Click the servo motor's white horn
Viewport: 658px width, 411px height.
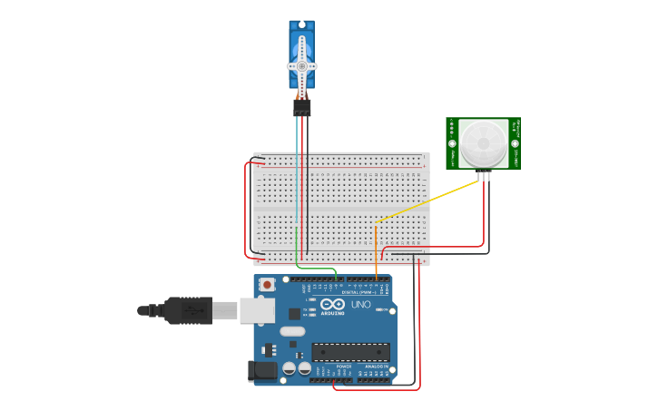tap(302, 66)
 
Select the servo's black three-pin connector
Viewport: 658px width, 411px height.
tap(302, 107)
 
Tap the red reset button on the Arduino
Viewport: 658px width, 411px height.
tap(267, 285)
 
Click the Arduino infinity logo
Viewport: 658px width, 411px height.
tap(332, 304)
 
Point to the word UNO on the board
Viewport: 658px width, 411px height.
tap(361, 304)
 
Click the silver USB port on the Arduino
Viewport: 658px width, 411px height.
tap(257, 310)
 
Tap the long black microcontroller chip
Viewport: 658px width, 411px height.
tap(351, 352)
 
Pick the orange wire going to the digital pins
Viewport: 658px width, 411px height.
tap(376, 254)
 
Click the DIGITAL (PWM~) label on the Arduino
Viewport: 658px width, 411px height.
tap(359, 292)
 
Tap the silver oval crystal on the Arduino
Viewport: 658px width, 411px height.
tap(292, 331)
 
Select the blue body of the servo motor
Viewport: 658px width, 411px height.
tap(302, 41)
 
